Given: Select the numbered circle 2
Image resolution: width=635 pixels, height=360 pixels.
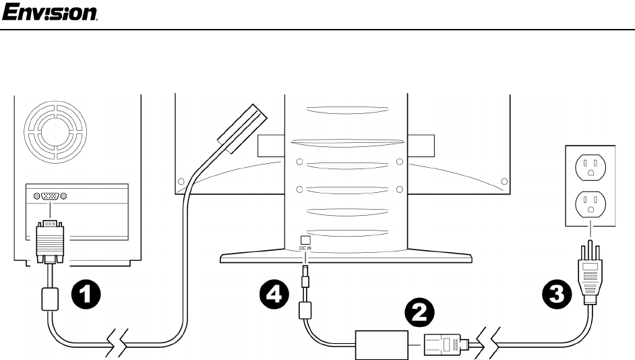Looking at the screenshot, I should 419,312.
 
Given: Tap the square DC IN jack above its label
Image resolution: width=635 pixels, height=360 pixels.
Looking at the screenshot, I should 305,239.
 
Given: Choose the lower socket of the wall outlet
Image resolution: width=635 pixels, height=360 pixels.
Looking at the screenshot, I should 591,204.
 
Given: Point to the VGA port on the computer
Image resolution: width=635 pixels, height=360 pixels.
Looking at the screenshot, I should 49,196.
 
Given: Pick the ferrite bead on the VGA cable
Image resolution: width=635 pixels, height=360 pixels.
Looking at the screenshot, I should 49,298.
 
